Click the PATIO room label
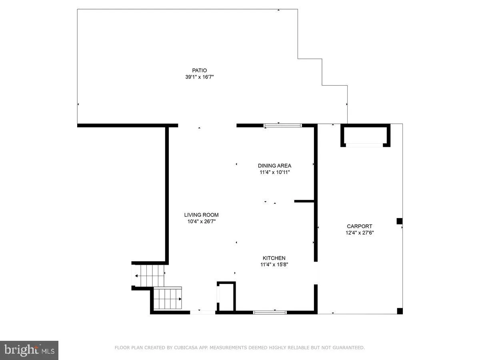pos(199,70)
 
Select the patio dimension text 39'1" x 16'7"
pos(199,77)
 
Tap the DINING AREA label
pos(274,166)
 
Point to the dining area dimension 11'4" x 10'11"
pos(274,172)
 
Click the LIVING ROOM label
pos(201,215)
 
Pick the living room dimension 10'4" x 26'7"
pos(201,221)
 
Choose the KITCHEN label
pos(274,258)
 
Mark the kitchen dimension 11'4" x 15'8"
pos(274,264)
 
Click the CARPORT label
pos(360,226)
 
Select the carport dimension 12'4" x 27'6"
pos(360,232)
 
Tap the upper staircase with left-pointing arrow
pos(149,276)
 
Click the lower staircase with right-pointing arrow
pos(168,299)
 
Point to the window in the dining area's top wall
pos(282,126)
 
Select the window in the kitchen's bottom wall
pos(270,312)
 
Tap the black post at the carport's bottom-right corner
pos(400,311)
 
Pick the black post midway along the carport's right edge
pos(399,221)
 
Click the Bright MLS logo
pos(29,350)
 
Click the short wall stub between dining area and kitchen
pos(304,201)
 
